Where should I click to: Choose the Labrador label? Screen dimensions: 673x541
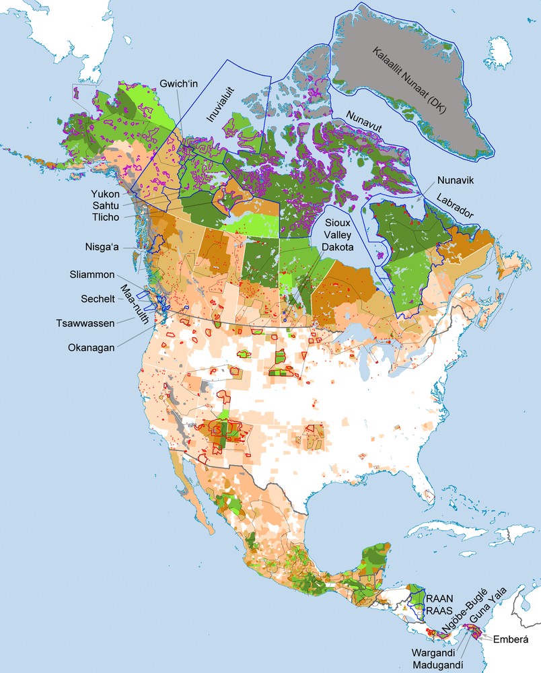coord(460,206)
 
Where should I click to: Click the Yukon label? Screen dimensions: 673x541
coord(106,194)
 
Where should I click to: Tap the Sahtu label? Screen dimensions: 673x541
coord(106,206)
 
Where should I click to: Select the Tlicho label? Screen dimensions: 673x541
coord(106,217)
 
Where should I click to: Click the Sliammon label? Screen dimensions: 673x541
coord(92,275)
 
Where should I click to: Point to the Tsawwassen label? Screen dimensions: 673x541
coord(87,322)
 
